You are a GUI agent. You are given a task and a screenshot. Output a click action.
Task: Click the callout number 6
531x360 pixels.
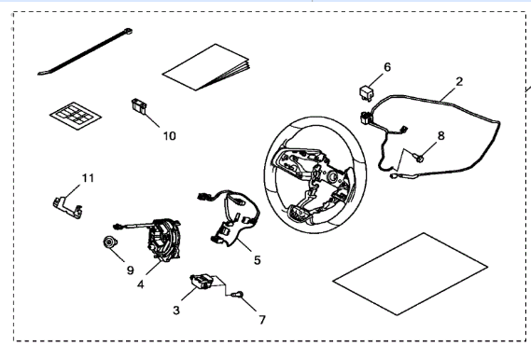coord(387,67)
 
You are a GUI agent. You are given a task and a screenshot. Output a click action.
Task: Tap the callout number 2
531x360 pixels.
coord(459,81)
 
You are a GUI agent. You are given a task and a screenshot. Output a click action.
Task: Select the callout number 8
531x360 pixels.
coord(440,135)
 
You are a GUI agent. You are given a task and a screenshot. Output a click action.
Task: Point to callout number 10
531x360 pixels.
coord(170,136)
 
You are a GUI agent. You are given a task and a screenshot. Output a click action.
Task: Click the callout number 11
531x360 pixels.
coord(88,178)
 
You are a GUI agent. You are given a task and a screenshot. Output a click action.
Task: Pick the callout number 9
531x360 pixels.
coord(131,270)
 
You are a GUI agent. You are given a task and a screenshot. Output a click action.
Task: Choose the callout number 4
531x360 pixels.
coord(141,284)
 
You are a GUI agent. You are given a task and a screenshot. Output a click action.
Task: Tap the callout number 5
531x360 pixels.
coord(258,260)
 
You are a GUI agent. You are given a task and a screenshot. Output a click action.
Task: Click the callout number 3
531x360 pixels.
coord(176,310)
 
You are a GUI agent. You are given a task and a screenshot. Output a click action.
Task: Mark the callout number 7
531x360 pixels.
coord(262,320)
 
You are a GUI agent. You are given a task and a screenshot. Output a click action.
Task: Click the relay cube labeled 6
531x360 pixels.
coord(366,93)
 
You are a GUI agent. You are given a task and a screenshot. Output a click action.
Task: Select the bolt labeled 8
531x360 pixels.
coord(419,158)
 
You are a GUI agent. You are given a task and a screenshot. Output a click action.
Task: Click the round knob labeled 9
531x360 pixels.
coord(110,242)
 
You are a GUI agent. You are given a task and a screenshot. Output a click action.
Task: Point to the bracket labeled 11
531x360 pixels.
coord(68,207)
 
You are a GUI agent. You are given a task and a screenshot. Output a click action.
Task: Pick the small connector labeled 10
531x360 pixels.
coord(138,105)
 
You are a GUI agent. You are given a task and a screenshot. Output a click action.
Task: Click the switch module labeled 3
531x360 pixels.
coord(202,282)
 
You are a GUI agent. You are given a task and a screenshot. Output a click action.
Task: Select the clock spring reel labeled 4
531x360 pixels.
coord(164,241)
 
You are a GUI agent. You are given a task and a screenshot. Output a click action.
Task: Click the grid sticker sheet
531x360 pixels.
coord(76,116)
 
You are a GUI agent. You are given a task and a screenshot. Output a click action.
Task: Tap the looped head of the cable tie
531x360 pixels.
coord(127,31)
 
